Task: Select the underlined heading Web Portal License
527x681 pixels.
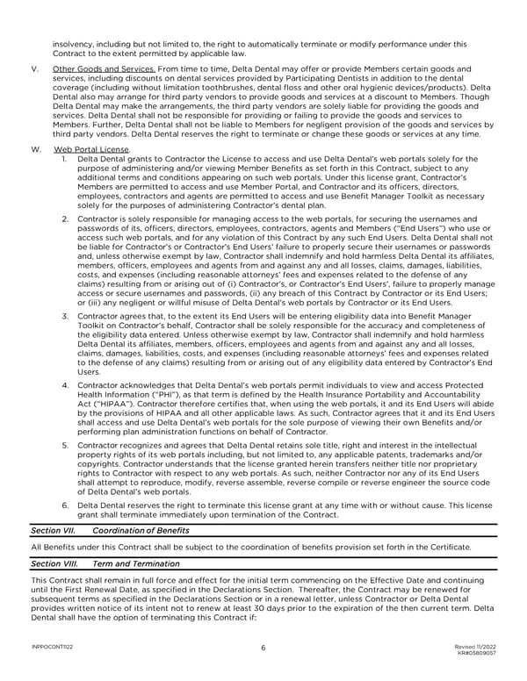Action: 92,150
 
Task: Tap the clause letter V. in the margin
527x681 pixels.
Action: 33,68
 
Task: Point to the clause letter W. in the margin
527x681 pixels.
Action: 35,150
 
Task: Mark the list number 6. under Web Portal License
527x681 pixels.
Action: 66,506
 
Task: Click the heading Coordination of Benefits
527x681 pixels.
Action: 139,531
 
